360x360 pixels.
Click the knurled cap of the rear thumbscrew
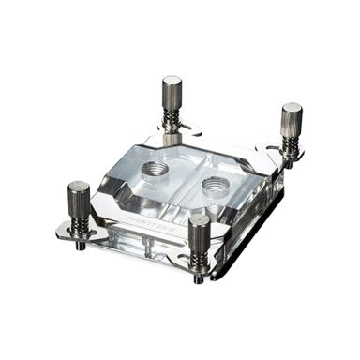tap(172, 92)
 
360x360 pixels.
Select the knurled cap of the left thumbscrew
tap(79, 197)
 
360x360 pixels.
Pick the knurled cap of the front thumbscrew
tap(199, 230)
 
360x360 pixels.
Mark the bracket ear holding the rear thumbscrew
tap(156, 130)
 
